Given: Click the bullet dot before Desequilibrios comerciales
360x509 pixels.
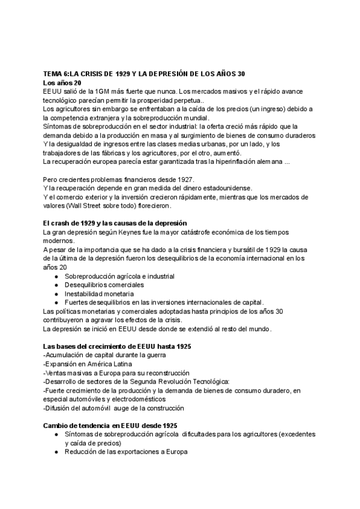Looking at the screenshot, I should click(x=56, y=285).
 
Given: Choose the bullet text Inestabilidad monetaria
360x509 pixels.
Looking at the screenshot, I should click(x=99, y=294).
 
